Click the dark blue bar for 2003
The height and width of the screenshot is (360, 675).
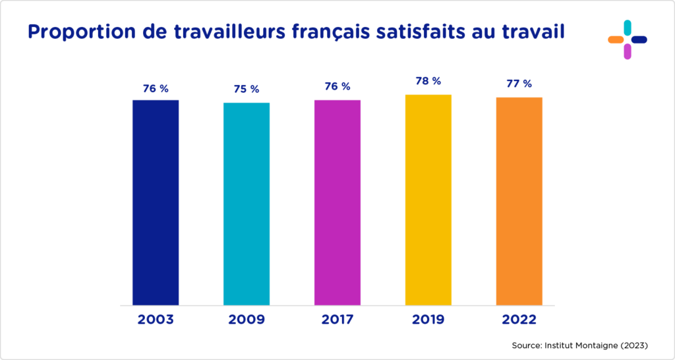pos(156,202)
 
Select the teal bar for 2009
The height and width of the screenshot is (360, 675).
pos(247,204)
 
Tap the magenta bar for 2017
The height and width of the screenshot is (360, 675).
pos(337,202)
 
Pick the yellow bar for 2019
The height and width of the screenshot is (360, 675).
pos(428,200)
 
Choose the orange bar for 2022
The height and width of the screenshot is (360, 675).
pos(519,201)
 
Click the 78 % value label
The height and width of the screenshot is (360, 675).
pos(428,81)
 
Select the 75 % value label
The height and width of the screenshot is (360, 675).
pos(247,89)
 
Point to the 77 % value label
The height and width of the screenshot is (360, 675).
pos(519,84)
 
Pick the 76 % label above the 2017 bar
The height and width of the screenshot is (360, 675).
pos(337,86)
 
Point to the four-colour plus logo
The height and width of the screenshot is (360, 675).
pos(627,40)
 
